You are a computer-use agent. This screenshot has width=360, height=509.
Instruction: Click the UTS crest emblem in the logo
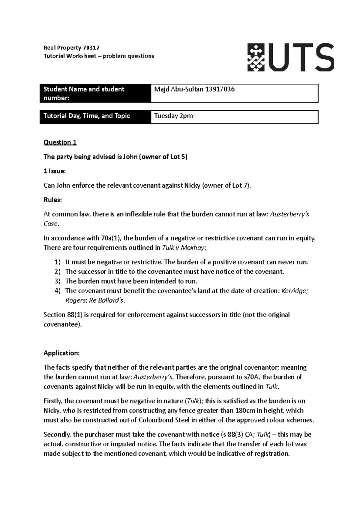click(x=256, y=57)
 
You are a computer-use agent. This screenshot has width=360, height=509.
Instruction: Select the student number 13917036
click(x=220, y=89)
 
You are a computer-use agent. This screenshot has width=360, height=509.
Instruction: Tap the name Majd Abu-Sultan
click(x=178, y=89)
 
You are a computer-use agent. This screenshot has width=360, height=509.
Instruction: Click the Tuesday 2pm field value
click(x=173, y=116)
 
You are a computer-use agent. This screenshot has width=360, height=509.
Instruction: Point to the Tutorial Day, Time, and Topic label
click(x=87, y=116)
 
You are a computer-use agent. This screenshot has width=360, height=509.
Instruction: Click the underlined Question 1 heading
click(x=60, y=142)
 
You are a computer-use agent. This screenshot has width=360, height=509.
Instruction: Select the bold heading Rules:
click(x=52, y=200)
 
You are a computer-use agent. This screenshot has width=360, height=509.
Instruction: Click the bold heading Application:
click(x=61, y=353)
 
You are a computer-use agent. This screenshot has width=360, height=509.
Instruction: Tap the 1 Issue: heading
click(x=54, y=171)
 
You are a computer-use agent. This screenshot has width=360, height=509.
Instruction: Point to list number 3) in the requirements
click(x=58, y=281)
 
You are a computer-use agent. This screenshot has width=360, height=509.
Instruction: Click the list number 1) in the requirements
click(x=58, y=262)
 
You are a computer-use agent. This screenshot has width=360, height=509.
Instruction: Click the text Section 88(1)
click(x=59, y=315)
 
